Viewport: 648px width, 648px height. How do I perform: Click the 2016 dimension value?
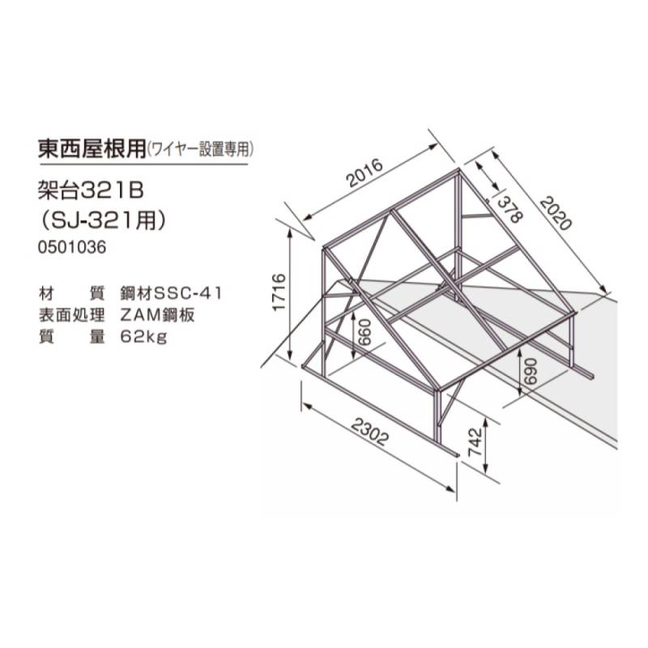pyautogui.click(x=365, y=173)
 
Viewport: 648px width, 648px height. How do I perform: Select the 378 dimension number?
pyautogui.click(x=510, y=210)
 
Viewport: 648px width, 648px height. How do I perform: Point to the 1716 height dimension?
pyautogui.click(x=279, y=292)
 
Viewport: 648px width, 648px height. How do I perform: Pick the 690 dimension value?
pyautogui.click(x=531, y=371)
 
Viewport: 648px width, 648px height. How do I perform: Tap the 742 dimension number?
pyautogui.click(x=476, y=441)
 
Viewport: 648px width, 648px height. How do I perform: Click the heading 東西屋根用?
pyautogui.click(x=92, y=148)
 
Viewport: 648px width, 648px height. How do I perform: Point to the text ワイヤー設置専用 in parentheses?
pyautogui.click(x=199, y=150)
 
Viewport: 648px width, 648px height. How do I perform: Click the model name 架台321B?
pyautogui.click(x=91, y=191)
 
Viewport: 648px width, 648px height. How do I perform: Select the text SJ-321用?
pyautogui.click(x=102, y=220)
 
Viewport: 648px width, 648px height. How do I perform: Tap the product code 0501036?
pyautogui.click(x=72, y=247)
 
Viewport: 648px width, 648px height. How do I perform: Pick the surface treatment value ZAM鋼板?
pyautogui.click(x=157, y=315)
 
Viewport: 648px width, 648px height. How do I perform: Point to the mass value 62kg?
pyautogui.click(x=144, y=337)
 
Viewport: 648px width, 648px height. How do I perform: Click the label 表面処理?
pyautogui.click(x=71, y=315)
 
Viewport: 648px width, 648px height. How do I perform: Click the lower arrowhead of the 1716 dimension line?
pyautogui.click(x=290, y=356)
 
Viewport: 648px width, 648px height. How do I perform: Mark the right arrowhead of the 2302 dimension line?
pyautogui.click(x=450, y=488)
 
